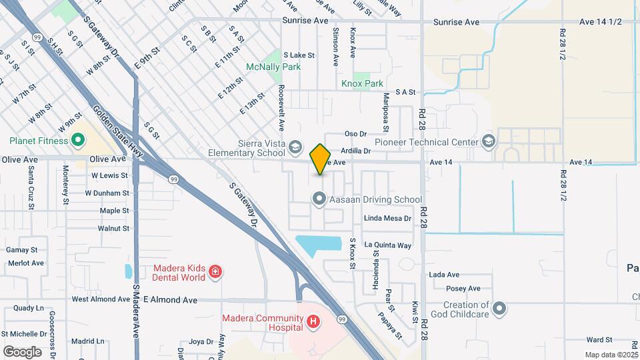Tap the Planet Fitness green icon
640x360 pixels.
tap(77, 141)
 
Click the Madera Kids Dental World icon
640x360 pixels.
tap(215, 271)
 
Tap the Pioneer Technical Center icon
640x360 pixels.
tap(489, 141)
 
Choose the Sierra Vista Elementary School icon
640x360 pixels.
tap(295, 146)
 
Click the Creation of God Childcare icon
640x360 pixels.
tap(500, 309)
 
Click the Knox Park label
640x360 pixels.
tap(362, 83)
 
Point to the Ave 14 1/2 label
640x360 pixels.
tap(600, 22)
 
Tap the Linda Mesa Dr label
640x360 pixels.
tap(387, 218)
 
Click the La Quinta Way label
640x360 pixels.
tap(387, 245)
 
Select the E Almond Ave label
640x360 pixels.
tap(170, 300)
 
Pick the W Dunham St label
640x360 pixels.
tap(107, 193)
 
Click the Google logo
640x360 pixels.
tap(22, 351)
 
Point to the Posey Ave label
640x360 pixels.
tap(464, 289)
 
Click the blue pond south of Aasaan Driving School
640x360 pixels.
tap(316, 245)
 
